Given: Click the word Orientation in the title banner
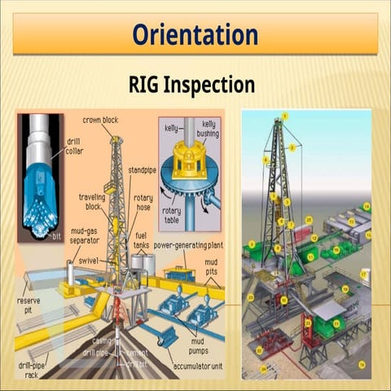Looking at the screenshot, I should pyautogui.click(x=195, y=35).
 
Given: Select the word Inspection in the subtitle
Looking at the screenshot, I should pyautogui.click(x=213, y=85).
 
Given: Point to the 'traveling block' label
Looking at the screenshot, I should pyautogui.click(x=92, y=201).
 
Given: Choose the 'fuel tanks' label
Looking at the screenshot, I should pyautogui.click(x=147, y=239).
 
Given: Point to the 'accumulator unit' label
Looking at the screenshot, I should pyautogui.click(x=195, y=367).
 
